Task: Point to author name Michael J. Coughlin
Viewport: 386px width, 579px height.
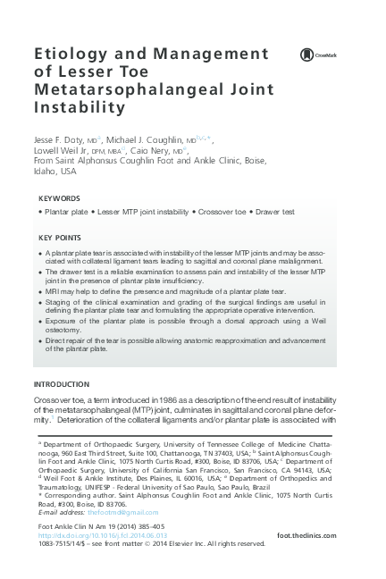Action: (x=144, y=140)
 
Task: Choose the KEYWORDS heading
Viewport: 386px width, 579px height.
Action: (x=60, y=197)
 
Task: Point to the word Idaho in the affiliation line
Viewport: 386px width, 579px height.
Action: (x=53, y=174)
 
